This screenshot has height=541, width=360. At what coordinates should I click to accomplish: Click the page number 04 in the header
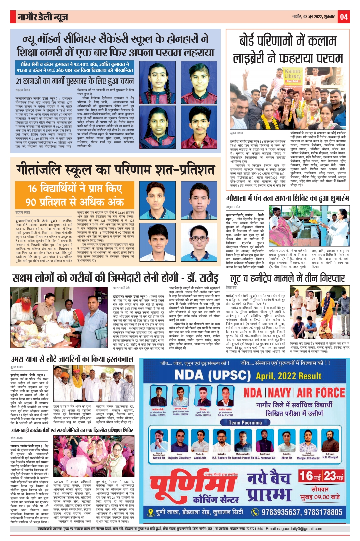coord(344,16)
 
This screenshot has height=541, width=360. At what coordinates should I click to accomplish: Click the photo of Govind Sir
coord(159,441)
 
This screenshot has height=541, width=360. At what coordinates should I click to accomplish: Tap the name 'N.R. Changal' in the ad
coord(330,457)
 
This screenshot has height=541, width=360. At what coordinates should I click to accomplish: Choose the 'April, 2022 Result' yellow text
coord(289,376)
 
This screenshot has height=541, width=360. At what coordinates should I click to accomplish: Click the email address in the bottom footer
coord(294,529)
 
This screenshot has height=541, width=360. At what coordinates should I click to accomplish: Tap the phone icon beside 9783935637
coord(255,512)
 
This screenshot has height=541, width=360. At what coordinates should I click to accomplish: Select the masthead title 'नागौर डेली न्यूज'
coord(43,17)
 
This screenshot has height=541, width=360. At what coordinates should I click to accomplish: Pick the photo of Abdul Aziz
coord(200,441)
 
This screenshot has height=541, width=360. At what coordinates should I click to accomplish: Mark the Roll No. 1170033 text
coord(158,415)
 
